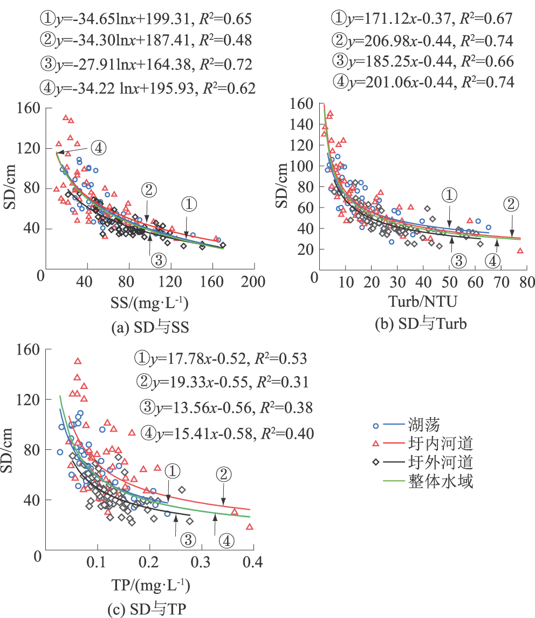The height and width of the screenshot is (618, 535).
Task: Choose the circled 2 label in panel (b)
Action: [511, 204]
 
